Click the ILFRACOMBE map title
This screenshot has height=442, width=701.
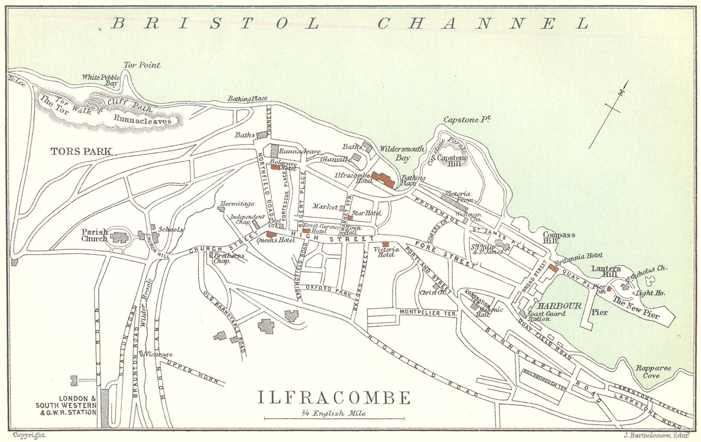(x=334, y=397)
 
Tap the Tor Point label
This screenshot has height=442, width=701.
(x=142, y=65)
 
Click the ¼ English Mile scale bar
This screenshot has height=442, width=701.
(x=333, y=419)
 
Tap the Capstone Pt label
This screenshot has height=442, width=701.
(x=467, y=119)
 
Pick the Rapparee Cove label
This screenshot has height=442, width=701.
(x=656, y=372)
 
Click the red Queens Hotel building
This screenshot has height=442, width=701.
(x=269, y=235)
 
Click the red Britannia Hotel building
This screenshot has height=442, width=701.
(x=552, y=268)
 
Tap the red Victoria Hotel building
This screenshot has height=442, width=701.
(x=386, y=244)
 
